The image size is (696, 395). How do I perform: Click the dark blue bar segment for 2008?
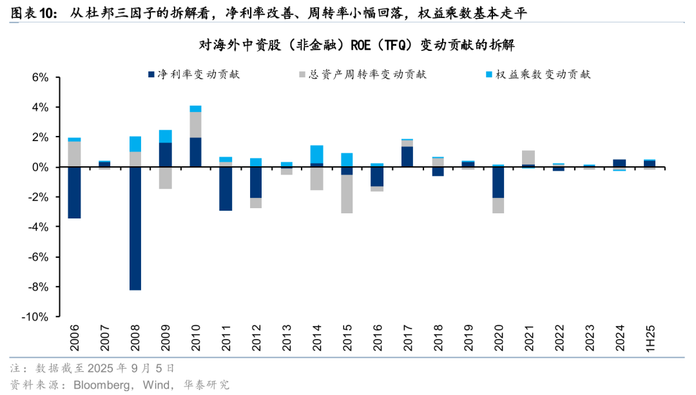pyautogui.click(x=135, y=228)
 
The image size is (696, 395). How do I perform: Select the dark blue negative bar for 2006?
pyautogui.click(x=74, y=193)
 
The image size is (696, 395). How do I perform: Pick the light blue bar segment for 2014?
pyautogui.click(x=316, y=154)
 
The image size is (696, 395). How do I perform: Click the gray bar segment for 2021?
pyautogui.click(x=528, y=157)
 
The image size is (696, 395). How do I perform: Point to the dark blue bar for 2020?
pyautogui.click(x=498, y=182)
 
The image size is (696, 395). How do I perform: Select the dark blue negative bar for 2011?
pyautogui.click(x=226, y=189)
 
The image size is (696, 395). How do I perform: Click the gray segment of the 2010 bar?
pyautogui.click(x=195, y=124)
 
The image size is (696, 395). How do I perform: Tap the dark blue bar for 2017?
pyautogui.click(x=407, y=157)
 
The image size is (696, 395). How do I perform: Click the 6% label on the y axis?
pyautogui.click(x=41, y=77)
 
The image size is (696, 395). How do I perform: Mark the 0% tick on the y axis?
pyautogui.click(x=41, y=167)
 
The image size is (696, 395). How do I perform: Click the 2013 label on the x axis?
pyautogui.click(x=286, y=336)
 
